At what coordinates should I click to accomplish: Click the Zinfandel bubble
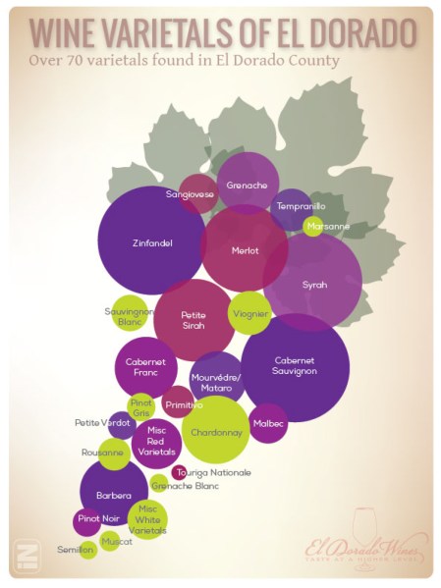(150, 241)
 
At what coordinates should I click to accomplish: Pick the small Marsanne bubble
(312, 227)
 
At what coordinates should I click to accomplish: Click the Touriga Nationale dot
(180, 472)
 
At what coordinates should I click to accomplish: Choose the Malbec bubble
(268, 423)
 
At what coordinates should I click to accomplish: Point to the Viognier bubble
(248, 313)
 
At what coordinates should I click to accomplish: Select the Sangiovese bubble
(196, 193)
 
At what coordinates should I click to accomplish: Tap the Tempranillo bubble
(293, 207)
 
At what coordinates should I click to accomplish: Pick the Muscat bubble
(110, 539)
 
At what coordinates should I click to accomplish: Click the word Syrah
(313, 285)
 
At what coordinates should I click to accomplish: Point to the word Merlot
(245, 250)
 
